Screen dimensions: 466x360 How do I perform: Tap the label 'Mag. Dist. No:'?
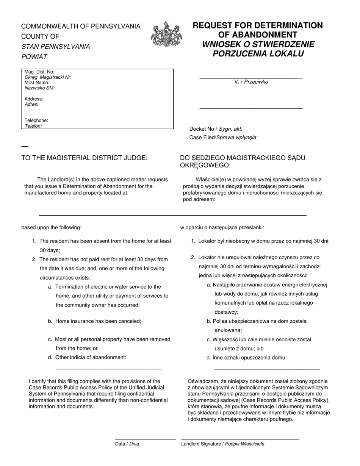point(39,72)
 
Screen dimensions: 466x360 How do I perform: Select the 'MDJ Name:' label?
point(37,83)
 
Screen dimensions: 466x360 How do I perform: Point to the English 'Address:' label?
point(34,99)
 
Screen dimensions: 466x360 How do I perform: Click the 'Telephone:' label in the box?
point(36,120)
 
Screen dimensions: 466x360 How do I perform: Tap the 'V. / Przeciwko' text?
point(251,82)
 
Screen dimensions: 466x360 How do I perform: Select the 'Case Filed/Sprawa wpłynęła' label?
point(223,138)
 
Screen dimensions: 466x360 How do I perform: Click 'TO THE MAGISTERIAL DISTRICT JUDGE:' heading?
point(84,158)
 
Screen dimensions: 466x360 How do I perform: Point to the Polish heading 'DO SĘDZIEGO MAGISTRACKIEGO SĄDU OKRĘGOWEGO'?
point(243,161)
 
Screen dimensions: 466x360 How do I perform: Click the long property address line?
point(172,215)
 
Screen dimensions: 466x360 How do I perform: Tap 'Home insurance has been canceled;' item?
point(98,321)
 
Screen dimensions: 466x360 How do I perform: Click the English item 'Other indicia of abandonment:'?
point(91,357)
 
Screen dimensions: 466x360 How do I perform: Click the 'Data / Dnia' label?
point(127,444)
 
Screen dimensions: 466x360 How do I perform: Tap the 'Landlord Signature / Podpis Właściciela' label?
point(223,444)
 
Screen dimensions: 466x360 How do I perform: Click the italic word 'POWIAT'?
point(34,57)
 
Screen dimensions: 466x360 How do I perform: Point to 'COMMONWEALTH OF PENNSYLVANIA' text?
point(81,27)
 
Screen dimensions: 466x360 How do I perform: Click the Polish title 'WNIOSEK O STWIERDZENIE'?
point(258,44)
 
